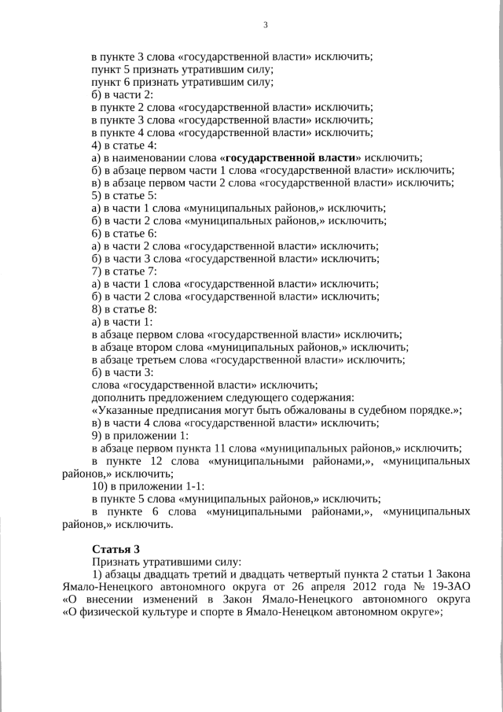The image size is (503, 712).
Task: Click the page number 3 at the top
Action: click(x=265, y=25)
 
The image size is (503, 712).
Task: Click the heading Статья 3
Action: click(x=116, y=548)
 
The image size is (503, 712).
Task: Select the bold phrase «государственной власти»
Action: click(x=292, y=157)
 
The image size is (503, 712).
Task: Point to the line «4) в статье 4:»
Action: click(x=124, y=145)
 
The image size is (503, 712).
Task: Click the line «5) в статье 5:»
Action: click(x=124, y=195)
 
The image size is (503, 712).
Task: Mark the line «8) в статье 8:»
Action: click(x=124, y=309)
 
